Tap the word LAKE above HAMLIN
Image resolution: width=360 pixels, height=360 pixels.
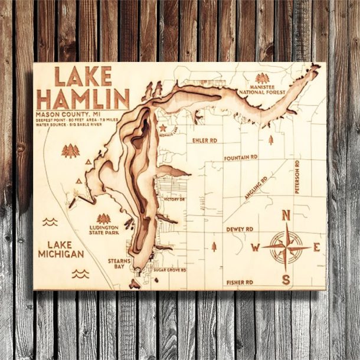tap(83, 77)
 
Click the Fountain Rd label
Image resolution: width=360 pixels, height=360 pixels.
tap(241, 158)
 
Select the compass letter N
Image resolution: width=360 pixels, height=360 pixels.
tap(286, 216)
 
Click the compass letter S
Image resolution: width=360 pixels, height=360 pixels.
tap(286, 279)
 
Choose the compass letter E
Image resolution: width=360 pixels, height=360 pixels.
tap(316, 247)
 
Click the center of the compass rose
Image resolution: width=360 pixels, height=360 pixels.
tap(286, 247)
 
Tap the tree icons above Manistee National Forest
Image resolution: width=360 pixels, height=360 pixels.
tap(262, 77)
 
